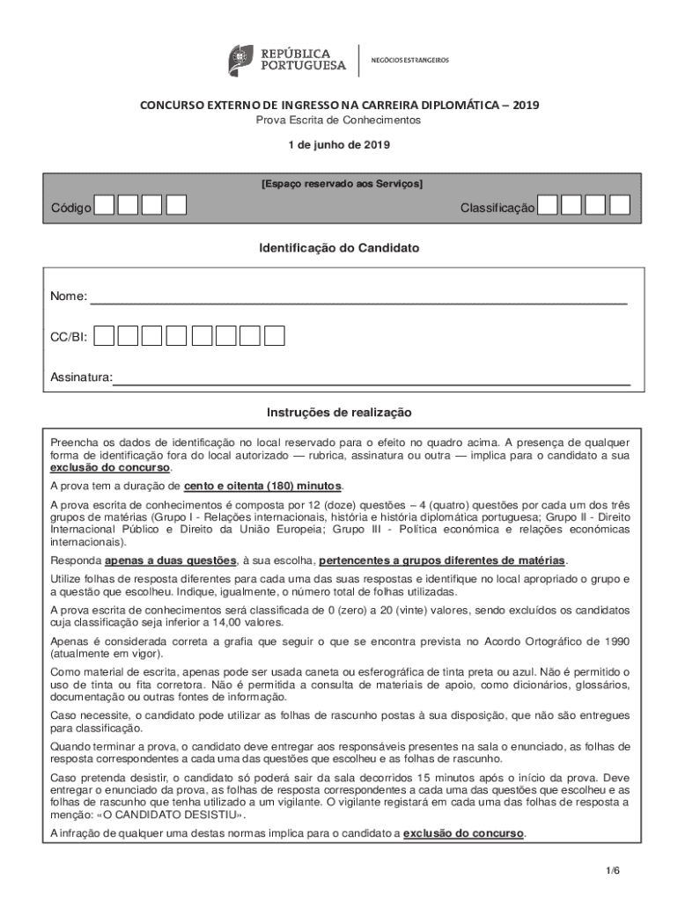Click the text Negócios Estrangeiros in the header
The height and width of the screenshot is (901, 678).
409,60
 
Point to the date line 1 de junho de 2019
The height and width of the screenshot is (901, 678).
339,144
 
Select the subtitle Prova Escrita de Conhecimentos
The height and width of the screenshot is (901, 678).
339,120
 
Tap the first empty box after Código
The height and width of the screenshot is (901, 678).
104,206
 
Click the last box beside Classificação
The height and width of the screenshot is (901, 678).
620,206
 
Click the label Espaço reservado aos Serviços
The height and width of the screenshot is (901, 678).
342,184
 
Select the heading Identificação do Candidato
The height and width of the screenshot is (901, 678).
339,249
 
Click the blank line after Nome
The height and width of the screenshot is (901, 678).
359,299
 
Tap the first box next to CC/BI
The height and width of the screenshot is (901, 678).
104,335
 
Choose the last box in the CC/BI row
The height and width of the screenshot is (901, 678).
275,335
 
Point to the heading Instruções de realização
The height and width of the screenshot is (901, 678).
339,412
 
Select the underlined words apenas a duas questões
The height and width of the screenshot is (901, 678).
170,560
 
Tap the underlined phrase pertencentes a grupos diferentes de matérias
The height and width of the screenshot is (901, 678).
442,560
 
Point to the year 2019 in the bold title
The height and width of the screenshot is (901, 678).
527,106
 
